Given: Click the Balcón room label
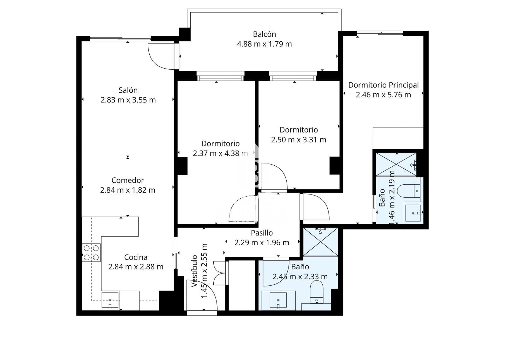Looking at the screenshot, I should coord(264,34).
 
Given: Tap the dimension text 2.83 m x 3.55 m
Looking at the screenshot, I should coord(128,100).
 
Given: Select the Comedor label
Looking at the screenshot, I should coord(128,180).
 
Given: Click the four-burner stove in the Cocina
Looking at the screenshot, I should coord(91,253).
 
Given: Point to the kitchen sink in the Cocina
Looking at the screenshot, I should coord(110,300).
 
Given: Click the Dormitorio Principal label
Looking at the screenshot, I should coord(383,85).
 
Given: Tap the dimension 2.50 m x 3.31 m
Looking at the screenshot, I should coord(298,140).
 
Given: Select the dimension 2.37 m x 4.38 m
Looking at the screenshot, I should coord(220,154).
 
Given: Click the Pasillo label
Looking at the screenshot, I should coord(262,233).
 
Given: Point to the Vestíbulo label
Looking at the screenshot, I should coord(195,271).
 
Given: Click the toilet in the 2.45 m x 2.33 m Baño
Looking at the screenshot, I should coord(317,292).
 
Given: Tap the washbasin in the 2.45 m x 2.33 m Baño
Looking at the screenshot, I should coord(278,300).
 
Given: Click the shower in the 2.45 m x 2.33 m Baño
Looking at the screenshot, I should coord(320,242).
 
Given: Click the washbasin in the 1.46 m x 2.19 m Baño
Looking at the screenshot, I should coord(413,213).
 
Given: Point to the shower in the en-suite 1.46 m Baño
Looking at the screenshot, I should coord(396,164).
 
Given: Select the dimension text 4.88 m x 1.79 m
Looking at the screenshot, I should coord(264,44).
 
